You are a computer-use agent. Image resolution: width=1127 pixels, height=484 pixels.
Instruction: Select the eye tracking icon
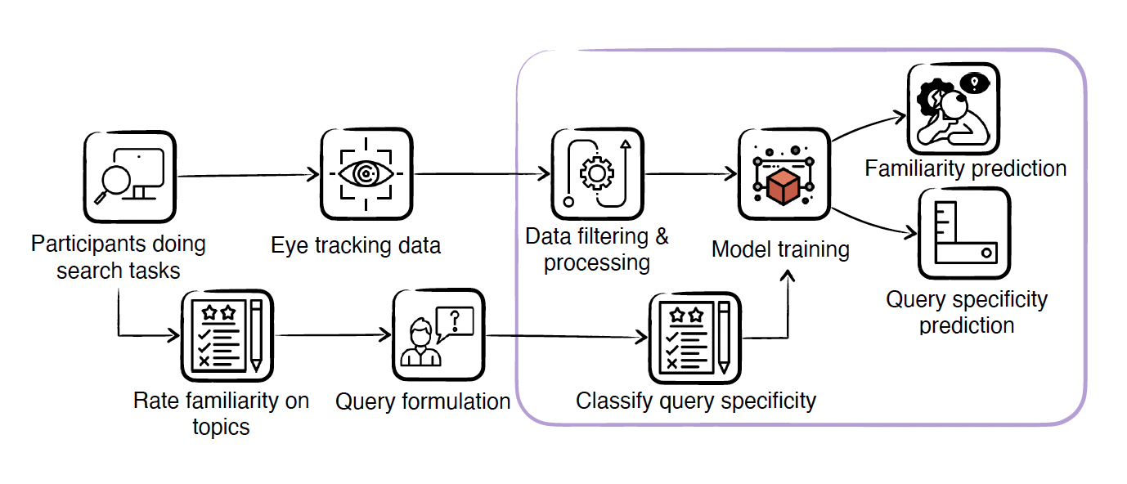coord(365,173)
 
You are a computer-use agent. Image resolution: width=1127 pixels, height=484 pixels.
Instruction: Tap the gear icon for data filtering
coord(596,173)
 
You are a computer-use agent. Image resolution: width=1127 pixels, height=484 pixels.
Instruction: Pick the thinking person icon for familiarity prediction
coord(954,109)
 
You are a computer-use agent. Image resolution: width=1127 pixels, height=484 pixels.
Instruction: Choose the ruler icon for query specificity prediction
coord(963,234)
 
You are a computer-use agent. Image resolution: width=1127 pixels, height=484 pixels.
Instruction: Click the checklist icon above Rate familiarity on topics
coord(226,336)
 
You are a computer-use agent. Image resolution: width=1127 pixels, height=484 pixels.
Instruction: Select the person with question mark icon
coord(433,334)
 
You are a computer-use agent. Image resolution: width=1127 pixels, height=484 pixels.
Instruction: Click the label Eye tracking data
coord(356,245)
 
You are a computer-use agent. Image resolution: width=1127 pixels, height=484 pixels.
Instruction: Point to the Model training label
coord(780,249)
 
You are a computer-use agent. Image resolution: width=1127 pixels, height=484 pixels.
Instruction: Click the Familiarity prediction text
coord(965,169)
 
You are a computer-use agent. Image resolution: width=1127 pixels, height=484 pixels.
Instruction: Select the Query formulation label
coord(423,401)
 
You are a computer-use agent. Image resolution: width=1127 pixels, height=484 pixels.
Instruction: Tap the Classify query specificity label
coord(696,401)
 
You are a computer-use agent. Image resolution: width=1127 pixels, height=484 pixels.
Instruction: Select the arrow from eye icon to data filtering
coord(483,174)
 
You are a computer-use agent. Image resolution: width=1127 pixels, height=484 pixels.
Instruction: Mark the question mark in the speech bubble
coord(456,321)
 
